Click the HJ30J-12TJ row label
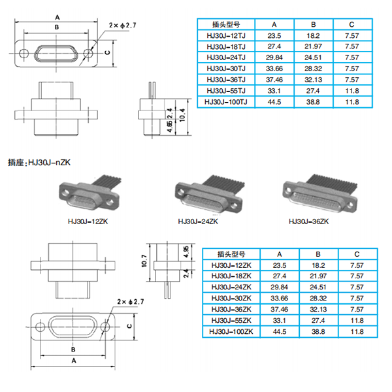click(x=225, y=36)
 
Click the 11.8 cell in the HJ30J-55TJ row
click(x=352, y=91)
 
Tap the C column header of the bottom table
click(x=356, y=254)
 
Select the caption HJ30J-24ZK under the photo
click(x=197, y=221)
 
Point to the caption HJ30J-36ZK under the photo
click(x=308, y=221)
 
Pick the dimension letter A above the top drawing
click(x=57, y=17)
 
